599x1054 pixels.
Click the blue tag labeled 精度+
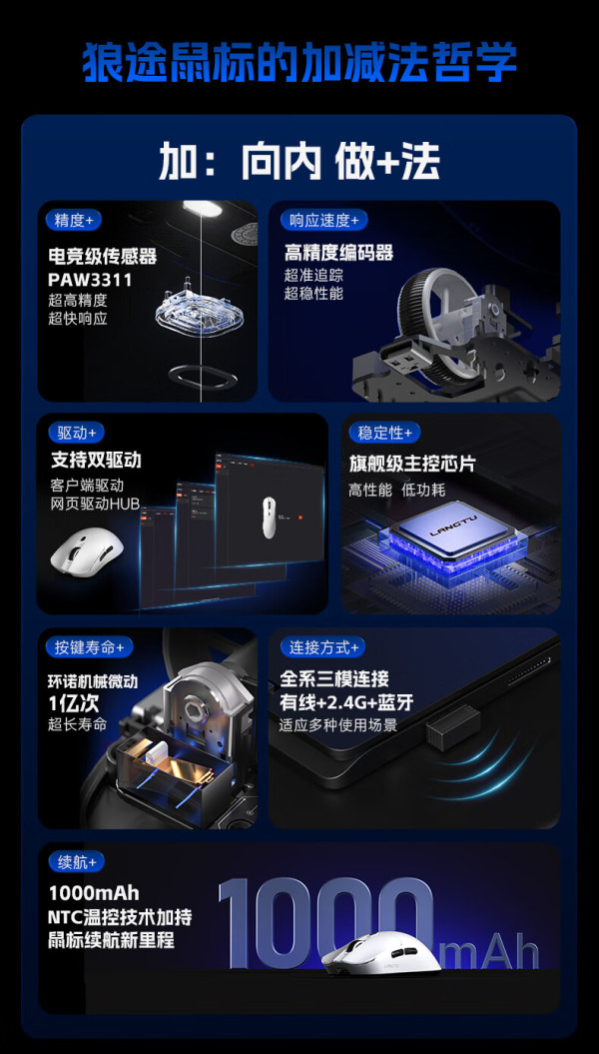(x=74, y=220)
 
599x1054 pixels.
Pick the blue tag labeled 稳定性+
(x=384, y=433)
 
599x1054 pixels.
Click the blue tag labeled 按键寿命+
(x=89, y=647)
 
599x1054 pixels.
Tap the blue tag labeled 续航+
(x=77, y=861)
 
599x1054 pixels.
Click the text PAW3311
(x=90, y=279)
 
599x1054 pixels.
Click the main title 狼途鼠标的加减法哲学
(x=299, y=63)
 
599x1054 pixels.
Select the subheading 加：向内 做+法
(x=299, y=162)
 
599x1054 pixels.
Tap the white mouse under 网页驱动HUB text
(x=86, y=548)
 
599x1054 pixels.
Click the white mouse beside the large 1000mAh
(x=380, y=953)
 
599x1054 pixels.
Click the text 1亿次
(x=75, y=703)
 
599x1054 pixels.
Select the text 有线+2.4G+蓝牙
(x=346, y=703)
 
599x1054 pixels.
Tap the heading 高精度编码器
(x=338, y=253)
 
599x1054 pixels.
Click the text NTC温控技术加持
(x=120, y=916)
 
